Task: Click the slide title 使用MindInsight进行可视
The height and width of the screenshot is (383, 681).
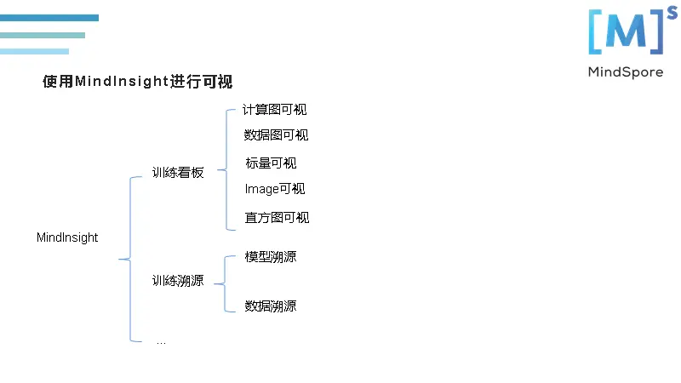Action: tap(137, 82)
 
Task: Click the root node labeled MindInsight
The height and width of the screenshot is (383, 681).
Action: tap(67, 237)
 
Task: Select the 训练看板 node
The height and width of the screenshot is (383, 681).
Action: tap(178, 173)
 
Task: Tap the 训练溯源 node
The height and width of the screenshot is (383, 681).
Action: tap(178, 281)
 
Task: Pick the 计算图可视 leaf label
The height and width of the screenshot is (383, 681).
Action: tap(274, 110)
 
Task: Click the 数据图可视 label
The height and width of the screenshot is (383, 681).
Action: tap(276, 135)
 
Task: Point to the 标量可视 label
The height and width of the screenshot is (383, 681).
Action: tap(271, 163)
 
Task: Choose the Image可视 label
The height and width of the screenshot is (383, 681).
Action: tap(275, 189)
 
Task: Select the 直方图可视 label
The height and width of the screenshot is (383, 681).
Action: tap(277, 218)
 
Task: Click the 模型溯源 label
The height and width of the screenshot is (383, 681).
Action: tap(271, 257)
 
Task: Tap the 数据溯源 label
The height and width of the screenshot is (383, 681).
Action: tap(271, 306)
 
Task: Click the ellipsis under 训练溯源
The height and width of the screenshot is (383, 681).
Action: tap(161, 341)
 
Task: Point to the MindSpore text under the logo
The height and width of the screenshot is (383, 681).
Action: tap(625, 72)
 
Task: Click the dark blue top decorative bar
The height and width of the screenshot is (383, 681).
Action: tap(49, 18)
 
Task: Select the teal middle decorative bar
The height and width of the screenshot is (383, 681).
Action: tap(43, 36)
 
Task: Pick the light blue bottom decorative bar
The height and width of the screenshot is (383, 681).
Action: tap(34, 52)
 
